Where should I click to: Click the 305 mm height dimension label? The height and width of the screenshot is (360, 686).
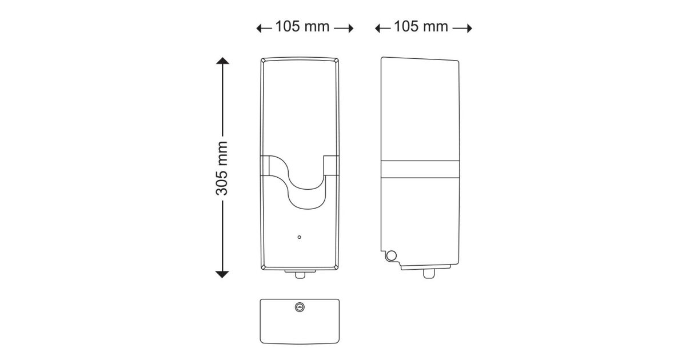tap(222, 169)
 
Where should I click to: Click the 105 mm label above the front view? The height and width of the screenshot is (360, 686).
tap(302, 26)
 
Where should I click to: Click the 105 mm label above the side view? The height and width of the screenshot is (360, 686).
tap(421, 26)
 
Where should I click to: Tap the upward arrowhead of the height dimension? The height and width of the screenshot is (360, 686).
tap(222, 61)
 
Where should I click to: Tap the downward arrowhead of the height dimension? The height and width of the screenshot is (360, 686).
tap(222, 275)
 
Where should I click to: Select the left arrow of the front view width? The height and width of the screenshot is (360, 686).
tap(264, 29)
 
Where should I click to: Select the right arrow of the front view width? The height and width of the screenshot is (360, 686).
tap(344, 29)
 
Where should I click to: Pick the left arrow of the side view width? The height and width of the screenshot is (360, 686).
tap(382, 29)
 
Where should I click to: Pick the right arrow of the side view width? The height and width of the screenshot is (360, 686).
tap(462, 29)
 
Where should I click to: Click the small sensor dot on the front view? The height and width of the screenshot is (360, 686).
tap(299, 237)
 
